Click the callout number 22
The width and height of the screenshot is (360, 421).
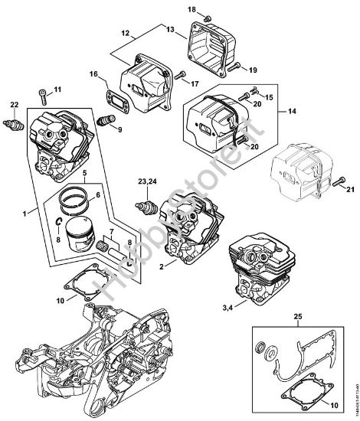pos(13,104)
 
